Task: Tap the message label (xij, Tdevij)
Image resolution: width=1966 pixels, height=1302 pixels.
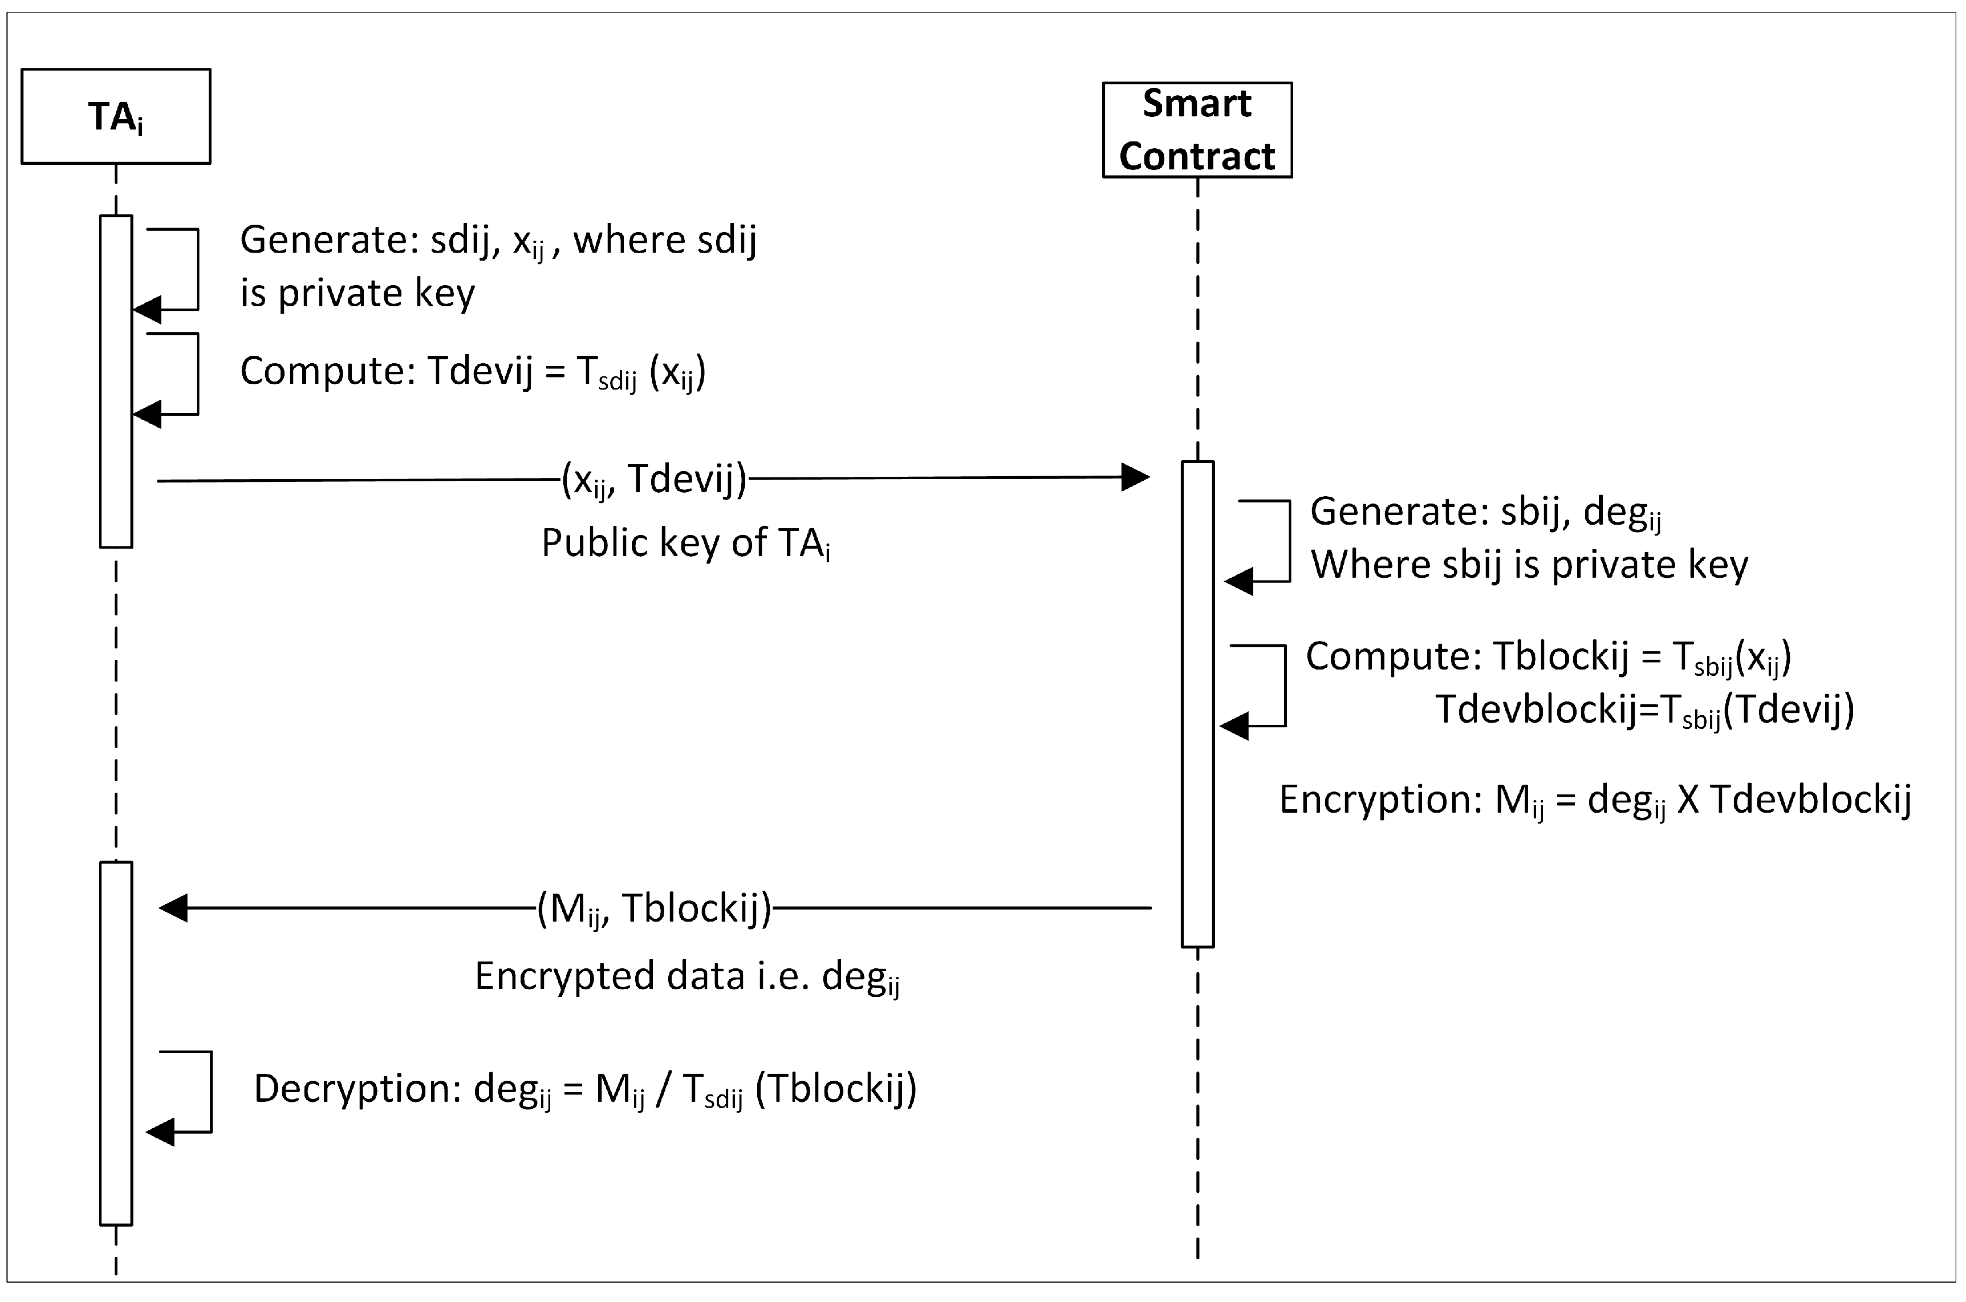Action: [x=654, y=479]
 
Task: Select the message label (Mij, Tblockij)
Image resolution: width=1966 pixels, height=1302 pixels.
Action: [x=654, y=908]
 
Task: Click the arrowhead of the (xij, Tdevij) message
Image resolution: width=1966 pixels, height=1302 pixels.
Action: [x=1136, y=477]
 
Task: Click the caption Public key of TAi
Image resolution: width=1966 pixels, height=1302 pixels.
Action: [x=686, y=543]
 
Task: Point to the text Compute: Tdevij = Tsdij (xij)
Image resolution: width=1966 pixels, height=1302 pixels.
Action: [x=473, y=371]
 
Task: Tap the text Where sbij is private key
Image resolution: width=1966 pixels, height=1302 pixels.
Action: [x=1529, y=565]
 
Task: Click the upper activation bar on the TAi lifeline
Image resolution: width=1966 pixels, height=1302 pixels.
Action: [x=116, y=382]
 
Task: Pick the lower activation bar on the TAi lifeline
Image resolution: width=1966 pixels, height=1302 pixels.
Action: [x=116, y=1043]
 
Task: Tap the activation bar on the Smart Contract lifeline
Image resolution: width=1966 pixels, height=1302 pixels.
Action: [x=1197, y=704]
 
